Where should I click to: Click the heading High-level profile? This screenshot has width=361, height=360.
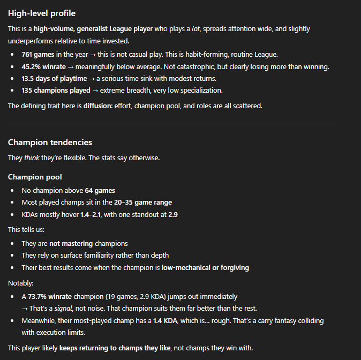tap(42, 13)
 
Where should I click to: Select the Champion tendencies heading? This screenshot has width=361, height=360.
tap(50, 142)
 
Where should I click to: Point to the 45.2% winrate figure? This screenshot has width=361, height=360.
tap(43, 66)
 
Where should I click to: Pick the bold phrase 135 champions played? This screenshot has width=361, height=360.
tap(56, 90)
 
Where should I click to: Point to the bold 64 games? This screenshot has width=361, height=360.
tap(100, 190)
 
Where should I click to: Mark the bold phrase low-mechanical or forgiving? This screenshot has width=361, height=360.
tap(205, 267)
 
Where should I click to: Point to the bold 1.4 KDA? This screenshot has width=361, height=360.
tap(165, 320)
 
